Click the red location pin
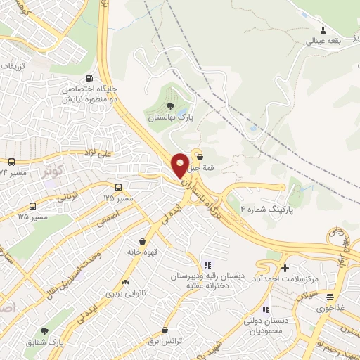181,165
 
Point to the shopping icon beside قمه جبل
201,157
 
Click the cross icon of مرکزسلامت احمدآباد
285,268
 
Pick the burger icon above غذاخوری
330,296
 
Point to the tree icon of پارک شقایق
46,330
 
